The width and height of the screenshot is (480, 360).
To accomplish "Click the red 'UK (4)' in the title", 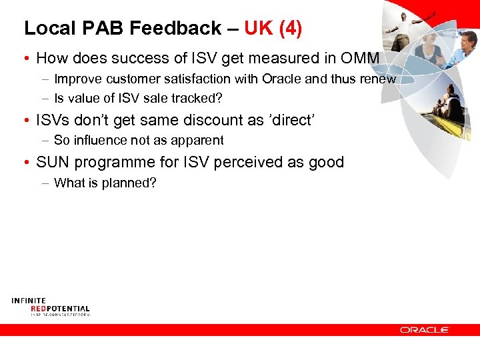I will pyautogui.click(x=273, y=28).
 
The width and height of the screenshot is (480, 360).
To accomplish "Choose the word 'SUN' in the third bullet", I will pyautogui.click(x=52, y=162).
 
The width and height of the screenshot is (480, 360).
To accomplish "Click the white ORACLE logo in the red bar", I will pyautogui.click(x=425, y=330).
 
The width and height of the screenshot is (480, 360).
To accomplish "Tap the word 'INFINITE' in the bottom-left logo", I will pyautogui.click(x=29, y=301).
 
